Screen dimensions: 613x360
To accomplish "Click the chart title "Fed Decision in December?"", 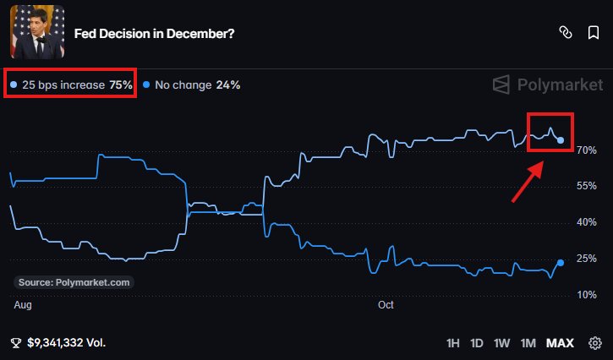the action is [154, 34].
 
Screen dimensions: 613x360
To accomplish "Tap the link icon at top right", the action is [566, 33].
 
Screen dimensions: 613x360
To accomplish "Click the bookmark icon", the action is [594, 33].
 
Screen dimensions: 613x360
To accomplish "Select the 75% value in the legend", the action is [121, 85].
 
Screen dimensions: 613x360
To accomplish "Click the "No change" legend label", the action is [183, 85].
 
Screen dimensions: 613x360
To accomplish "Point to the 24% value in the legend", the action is [228, 85].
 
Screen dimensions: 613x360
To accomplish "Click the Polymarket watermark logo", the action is [548, 85].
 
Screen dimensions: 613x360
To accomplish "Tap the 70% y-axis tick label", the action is [587, 150].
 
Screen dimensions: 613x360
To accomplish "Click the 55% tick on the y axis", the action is [587, 186].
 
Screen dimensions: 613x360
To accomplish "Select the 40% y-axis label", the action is [587, 222].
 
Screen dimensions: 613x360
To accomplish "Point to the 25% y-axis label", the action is [587, 259].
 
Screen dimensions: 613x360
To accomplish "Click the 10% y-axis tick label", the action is [587, 295].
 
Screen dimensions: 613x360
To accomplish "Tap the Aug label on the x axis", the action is [23, 305].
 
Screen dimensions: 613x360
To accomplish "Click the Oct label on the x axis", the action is [386, 305].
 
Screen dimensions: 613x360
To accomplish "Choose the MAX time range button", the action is [560, 343].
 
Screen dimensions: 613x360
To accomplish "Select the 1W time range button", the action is [501, 343].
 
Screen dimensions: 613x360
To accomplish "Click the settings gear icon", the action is [595, 343].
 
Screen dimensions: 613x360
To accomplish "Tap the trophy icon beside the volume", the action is [16, 343].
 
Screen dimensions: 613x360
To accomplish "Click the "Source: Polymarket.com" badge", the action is [74, 282].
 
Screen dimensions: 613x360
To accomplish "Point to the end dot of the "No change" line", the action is [561, 263].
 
